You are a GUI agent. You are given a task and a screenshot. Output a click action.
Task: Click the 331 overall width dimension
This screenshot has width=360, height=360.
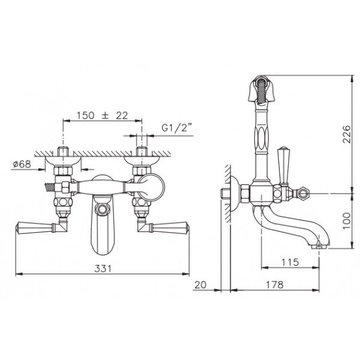point(103,268)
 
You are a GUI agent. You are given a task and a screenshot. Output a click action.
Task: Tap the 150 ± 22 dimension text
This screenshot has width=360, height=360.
point(102,115)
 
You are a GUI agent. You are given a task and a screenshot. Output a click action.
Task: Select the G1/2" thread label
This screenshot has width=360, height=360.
point(177,127)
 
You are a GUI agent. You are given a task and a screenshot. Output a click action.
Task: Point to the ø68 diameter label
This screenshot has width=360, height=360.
point(22,164)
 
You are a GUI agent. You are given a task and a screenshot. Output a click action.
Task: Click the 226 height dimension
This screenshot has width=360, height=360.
point(347,134)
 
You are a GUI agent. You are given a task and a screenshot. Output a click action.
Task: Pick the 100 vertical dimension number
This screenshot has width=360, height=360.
point(347,221)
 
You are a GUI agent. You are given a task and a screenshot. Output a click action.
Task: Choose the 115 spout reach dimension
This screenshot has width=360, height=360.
point(290,262)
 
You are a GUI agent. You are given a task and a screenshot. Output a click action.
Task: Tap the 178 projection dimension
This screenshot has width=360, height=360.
point(275,285)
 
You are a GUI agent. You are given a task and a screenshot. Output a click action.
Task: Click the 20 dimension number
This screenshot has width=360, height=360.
point(200,285)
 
